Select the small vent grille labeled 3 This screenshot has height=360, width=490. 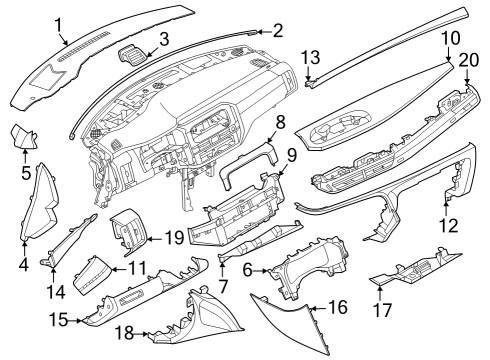click(x=131, y=58)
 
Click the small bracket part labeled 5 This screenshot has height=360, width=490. click(x=22, y=137)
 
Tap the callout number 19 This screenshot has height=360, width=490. click(x=173, y=237)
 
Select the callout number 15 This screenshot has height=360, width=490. click(x=60, y=320)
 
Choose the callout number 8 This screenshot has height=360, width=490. click(x=281, y=122)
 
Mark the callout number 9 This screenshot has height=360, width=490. click(x=292, y=155)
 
